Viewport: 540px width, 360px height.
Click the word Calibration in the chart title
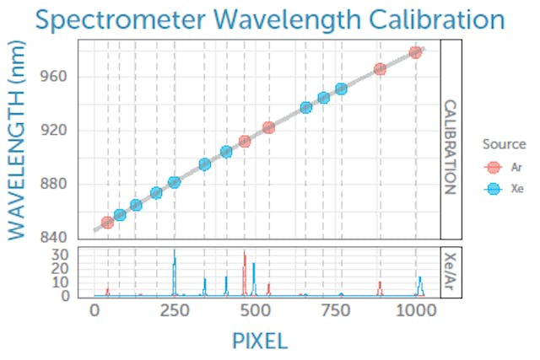(433, 20)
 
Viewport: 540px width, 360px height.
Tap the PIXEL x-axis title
(260, 340)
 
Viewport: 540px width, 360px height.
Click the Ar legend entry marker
(494, 168)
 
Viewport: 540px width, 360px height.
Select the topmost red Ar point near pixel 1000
(415, 52)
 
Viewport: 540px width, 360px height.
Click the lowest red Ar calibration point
(107, 223)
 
